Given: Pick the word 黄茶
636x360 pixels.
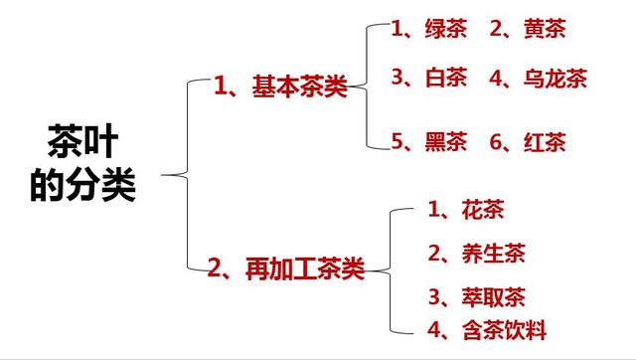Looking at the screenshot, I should (546, 29).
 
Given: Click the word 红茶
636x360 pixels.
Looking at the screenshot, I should (546, 141).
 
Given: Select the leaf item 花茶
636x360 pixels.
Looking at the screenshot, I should (483, 210).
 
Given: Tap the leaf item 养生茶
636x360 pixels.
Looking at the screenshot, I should (492, 254).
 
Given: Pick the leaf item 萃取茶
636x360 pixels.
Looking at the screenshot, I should (492, 297).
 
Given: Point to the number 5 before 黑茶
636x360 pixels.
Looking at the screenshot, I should (398, 141).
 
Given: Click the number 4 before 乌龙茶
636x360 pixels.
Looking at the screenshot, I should (496, 79).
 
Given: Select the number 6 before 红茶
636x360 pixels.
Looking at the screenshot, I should (496, 141).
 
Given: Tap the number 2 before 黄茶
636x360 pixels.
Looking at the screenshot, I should (496, 29).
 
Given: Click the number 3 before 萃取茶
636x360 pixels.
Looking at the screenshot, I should (434, 297).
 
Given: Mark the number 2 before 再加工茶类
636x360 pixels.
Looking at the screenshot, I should (216, 268).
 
